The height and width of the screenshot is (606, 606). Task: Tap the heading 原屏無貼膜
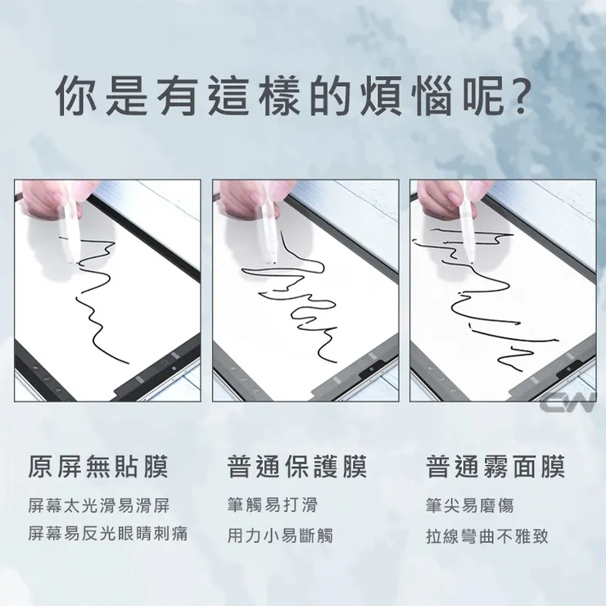tap(98, 468)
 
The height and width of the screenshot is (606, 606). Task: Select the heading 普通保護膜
tap(296, 468)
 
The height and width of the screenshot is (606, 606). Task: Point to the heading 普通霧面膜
tap(495, 468)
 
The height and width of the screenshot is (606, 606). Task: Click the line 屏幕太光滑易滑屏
tap(99, 504)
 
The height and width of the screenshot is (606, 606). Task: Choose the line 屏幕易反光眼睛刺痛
tap(108, 535)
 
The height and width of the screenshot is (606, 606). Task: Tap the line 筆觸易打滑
tap(272, 504)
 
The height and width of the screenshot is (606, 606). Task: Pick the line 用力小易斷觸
tap(280, 536)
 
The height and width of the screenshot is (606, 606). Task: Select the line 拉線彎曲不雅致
tap(487, 536)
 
